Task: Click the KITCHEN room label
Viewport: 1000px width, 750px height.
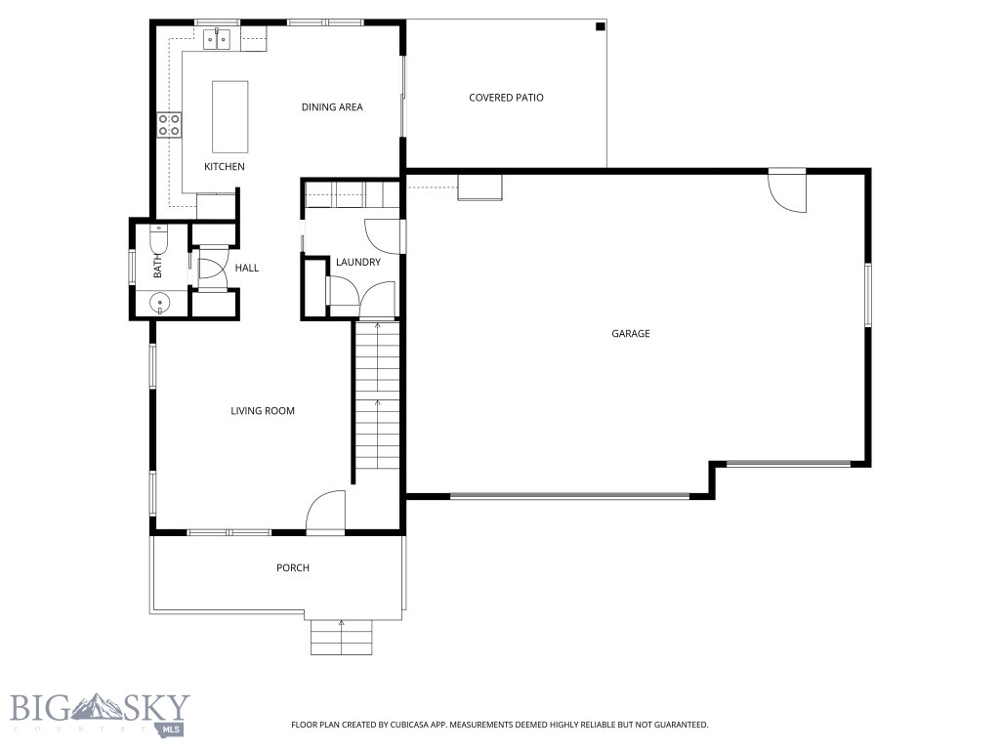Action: coord(224,167)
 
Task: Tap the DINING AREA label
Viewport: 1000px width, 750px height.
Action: coord(332,107)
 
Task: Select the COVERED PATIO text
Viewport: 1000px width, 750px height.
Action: coord(506,98)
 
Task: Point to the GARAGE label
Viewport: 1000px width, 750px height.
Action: coord(631,334)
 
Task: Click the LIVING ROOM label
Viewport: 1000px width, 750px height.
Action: coord(263,411)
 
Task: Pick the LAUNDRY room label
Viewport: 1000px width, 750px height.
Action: coord(357,262)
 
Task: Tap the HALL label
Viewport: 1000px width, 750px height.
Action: coord(247,268)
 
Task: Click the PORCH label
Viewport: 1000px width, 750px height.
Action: coord(293,568)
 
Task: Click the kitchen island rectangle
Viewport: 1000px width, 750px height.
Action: coord(230,116)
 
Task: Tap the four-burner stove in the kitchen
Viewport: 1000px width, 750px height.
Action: coord(169,124)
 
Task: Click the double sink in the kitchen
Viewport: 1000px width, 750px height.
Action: coord(217,40)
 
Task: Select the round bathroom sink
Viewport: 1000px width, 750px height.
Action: coord(160,304)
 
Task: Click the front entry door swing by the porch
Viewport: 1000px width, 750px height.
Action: coord(326,513)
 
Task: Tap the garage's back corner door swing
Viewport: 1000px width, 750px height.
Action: coord(787,191)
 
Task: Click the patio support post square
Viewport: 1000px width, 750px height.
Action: coord(600,27)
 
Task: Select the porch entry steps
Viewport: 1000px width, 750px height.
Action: coord(342,640)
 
